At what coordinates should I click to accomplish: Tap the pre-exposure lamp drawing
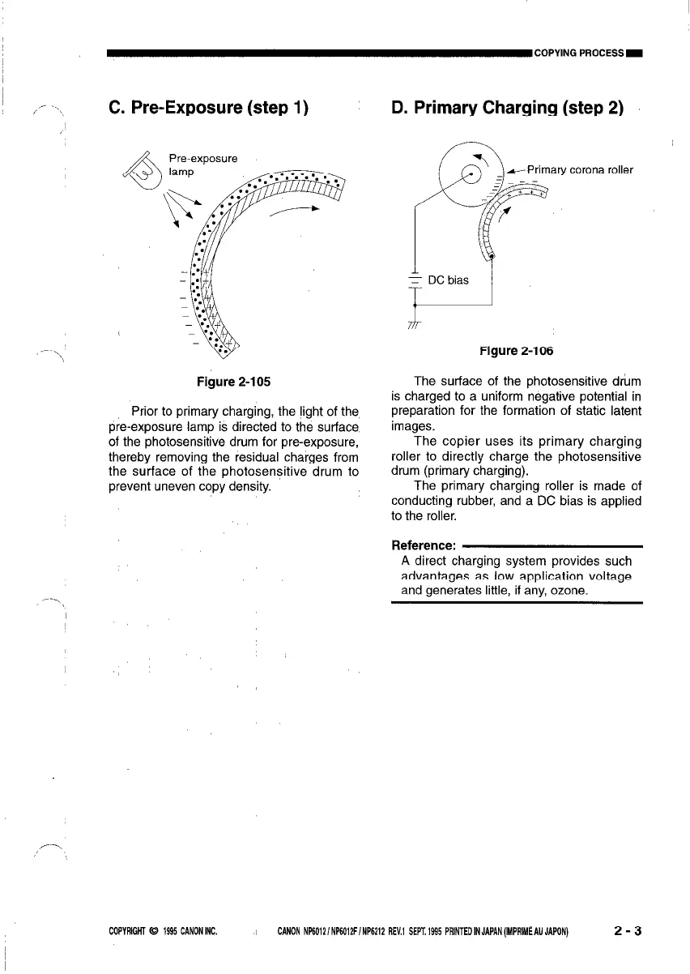[x=138, y=170]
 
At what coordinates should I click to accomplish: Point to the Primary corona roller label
[x=580, y=170]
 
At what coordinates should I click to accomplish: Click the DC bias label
[x=447, y=280]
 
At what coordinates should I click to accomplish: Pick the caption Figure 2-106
[x=515, y=351]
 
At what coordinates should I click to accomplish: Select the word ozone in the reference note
[x=567, y=591]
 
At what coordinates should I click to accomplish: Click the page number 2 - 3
[x=628, y=931]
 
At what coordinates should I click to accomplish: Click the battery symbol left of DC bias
[x=415, y=280]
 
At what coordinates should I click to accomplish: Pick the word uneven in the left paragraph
[x=180, y=488]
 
